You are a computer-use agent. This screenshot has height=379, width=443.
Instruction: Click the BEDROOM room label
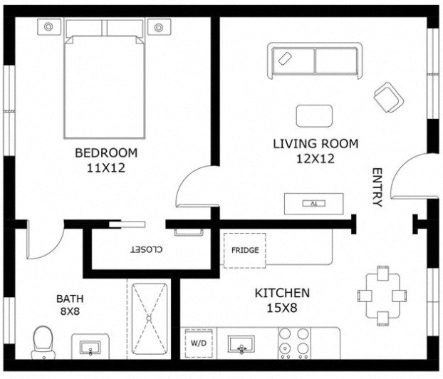[106, 153]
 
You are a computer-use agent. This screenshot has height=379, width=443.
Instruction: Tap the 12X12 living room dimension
[316, 159]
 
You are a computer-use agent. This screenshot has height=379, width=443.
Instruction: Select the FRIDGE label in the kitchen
[245, 250]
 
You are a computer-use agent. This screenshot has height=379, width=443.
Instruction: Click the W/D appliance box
[199, 343]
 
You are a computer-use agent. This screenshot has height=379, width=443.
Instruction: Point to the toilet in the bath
[43, 343]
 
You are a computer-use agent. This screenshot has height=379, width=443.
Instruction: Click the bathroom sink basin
[90, 348]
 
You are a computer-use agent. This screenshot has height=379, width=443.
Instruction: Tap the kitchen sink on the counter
[241, 345]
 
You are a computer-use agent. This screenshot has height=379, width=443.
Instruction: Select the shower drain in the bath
[149, 318]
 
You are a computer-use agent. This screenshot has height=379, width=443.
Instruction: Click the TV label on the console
[313, 204]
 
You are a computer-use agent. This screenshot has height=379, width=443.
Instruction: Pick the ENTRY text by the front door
[377, 187]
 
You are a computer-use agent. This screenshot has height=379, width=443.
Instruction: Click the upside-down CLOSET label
[146, 249]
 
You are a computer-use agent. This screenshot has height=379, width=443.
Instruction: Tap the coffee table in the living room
[314, 116]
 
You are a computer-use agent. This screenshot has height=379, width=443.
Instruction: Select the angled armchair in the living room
[388, 98]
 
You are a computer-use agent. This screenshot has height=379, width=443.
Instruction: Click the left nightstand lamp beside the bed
[48, 27]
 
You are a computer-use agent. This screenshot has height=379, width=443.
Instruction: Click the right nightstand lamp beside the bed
[159, 27]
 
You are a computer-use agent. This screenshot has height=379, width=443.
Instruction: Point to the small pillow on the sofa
[285, 58]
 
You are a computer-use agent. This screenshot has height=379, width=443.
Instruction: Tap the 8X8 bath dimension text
[70, 311]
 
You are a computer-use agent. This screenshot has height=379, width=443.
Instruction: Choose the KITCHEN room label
[282, 293]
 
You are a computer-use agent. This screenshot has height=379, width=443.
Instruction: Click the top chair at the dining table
[383, 273]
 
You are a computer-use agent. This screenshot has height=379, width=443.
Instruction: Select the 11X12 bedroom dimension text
[106, 168]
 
